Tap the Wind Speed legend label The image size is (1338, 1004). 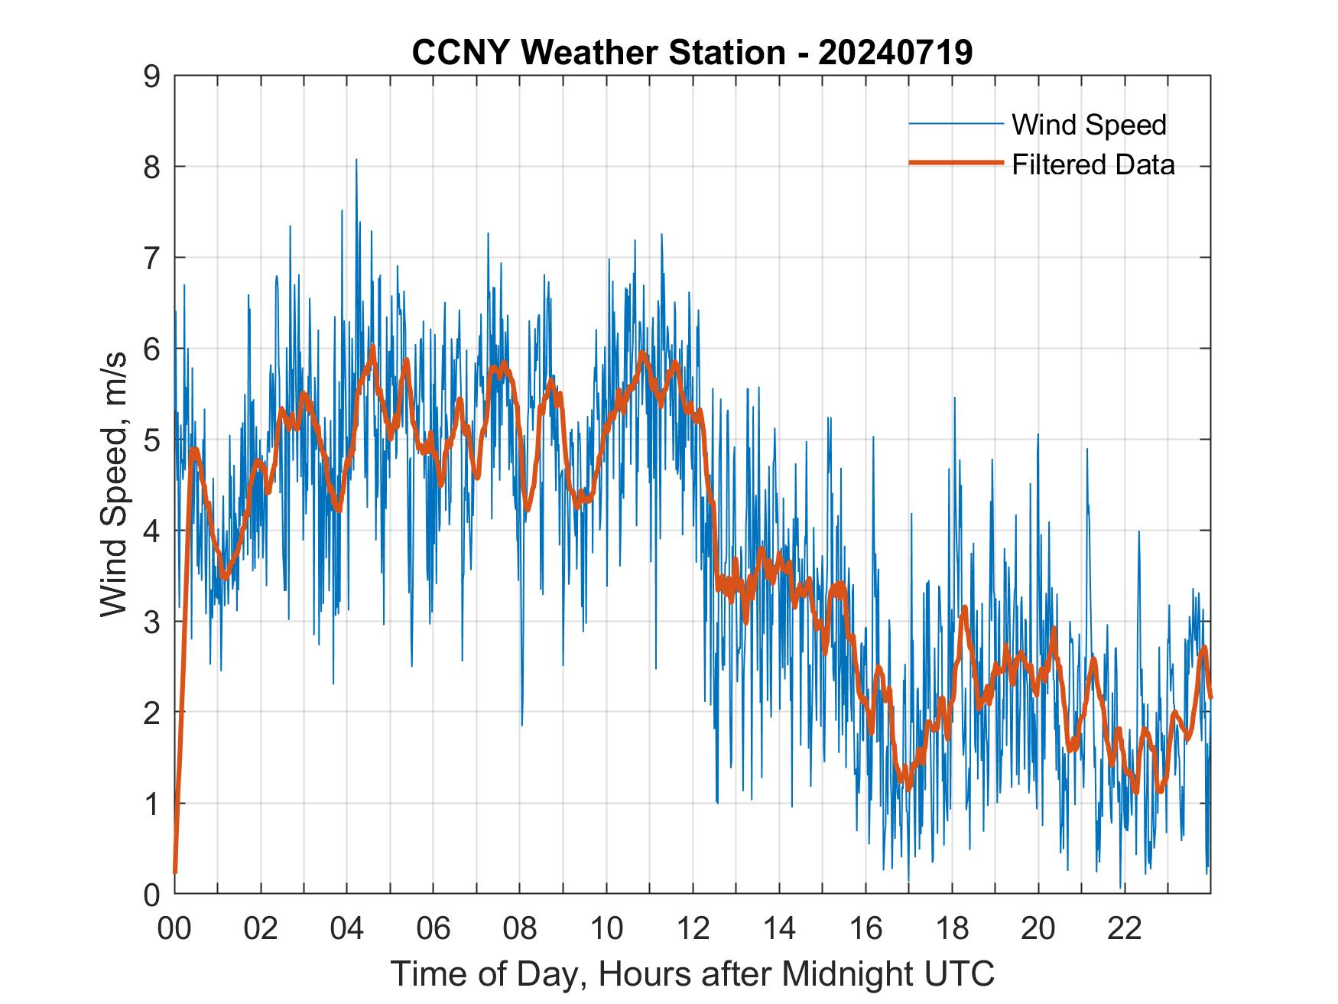click(1089, 125)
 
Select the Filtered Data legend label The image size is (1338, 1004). click(1093, 164)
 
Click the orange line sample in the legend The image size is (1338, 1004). click(956, 163)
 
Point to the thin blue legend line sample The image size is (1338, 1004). click(956, 124)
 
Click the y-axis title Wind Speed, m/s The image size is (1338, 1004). click(115, 486)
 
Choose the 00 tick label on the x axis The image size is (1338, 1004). click(175, 929)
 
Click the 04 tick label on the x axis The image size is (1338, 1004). click(347, 929)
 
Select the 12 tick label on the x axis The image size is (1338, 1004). click(693, 929)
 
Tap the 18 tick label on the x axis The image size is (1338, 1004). click(952, 929)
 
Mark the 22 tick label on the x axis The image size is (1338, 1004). click(1125, 929)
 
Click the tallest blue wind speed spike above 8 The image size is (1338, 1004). click(356, 161)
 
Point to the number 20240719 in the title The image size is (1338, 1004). click(895, 52)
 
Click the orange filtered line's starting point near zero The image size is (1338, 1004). click(175, 872)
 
